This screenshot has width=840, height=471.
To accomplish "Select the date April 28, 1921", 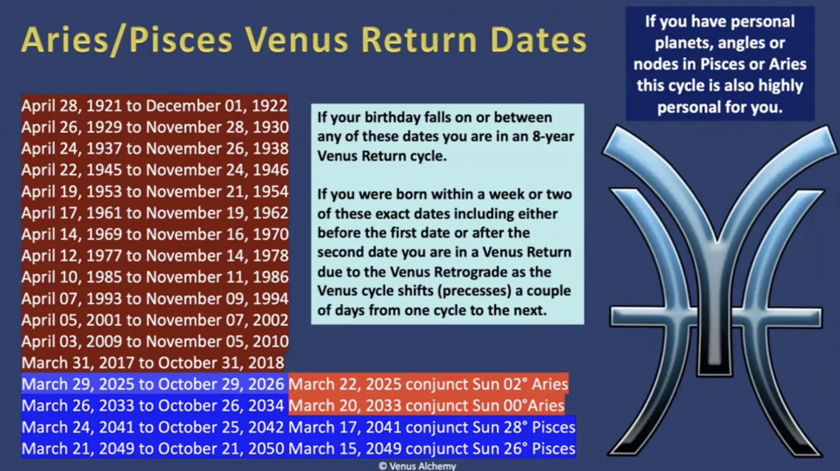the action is point(71,106).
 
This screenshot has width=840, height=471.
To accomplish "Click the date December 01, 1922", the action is point(217,106).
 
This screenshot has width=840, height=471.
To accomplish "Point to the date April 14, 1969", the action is point(71,234).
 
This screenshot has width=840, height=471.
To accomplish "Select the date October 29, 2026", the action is point(221,385).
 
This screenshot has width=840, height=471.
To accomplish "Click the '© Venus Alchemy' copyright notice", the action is point(417,466).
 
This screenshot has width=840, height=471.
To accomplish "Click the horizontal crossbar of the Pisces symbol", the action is point(716,317).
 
